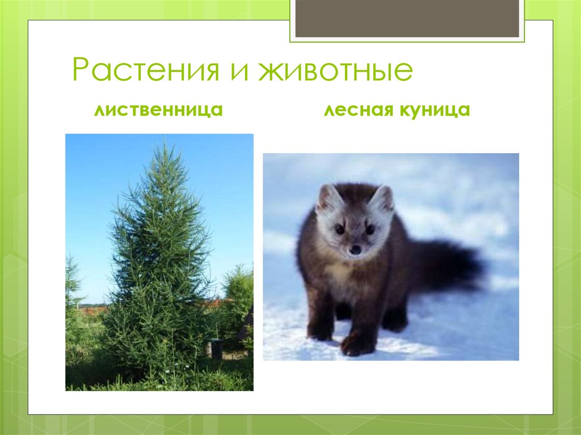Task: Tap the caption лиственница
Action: [x=158, y=110]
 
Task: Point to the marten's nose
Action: [x=355, y=249]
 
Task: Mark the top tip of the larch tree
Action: [x=165, y=145]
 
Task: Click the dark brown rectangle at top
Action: [x=407, y=18]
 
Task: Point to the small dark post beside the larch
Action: [x=216, y=348]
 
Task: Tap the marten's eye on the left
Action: [x=340, y=229]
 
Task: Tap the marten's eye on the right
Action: [x=370, y=229]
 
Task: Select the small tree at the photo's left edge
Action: [x=73, y=284]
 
